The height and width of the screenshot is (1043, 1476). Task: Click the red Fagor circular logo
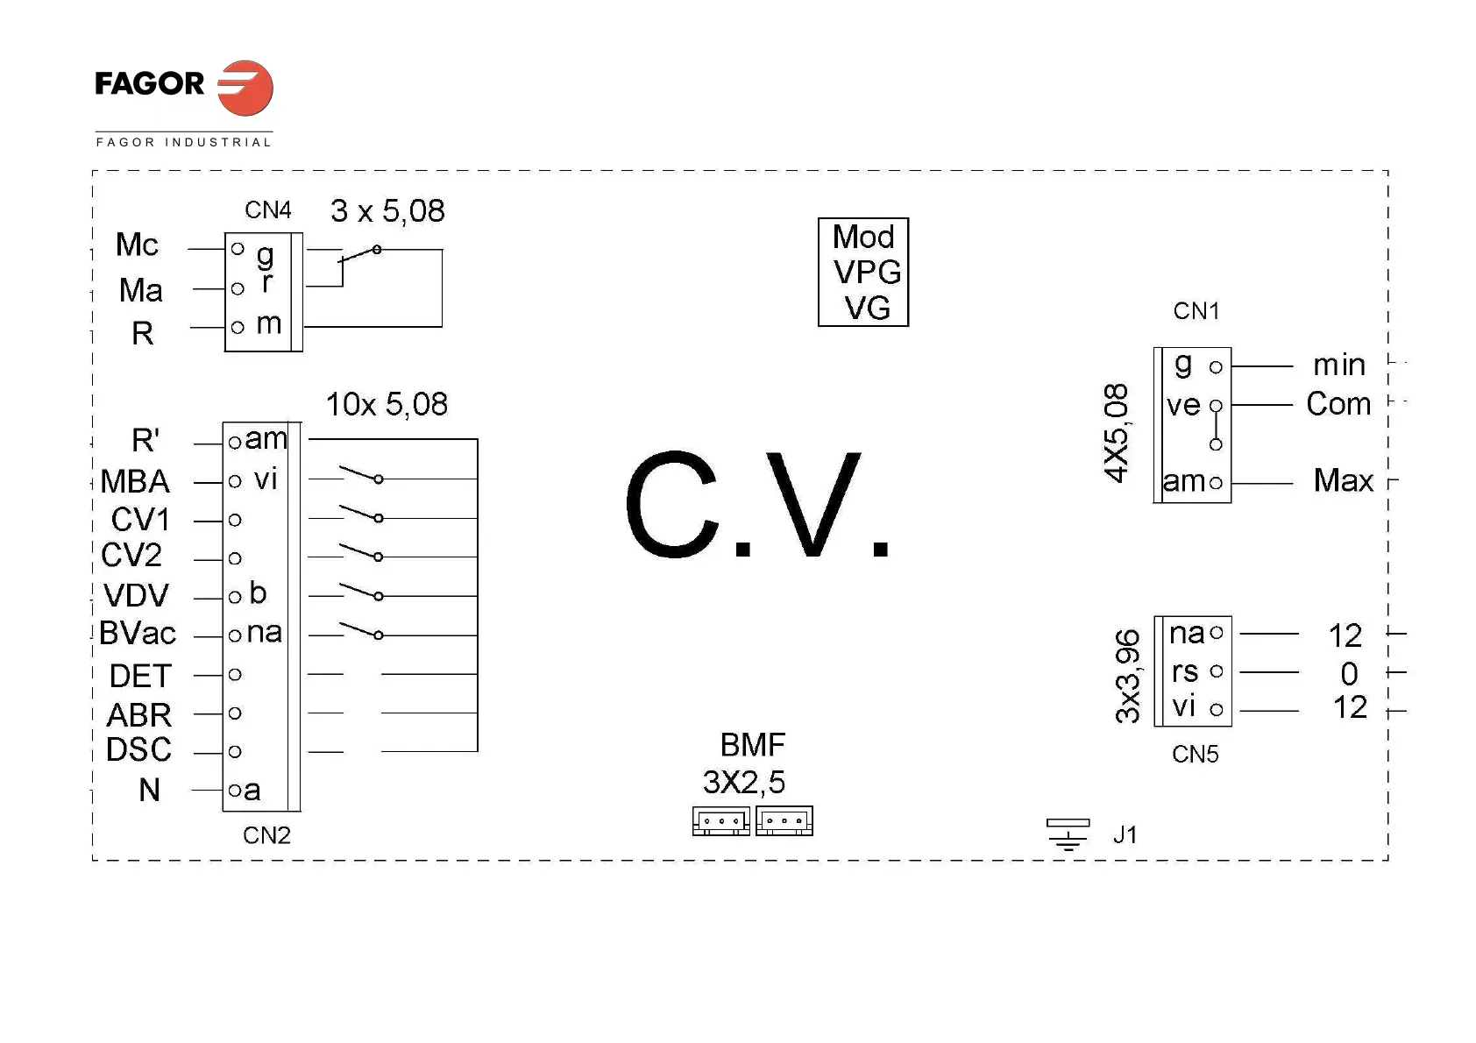pos(245,88)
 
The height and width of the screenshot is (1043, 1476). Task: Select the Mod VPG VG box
pos(863,273)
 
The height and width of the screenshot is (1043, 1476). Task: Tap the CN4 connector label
pos(268,210)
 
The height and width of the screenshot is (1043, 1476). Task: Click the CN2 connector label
pos(266,835)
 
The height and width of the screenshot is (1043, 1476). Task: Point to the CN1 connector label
pos(1196,311)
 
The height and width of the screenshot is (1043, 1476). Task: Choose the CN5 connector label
pos(1196,755)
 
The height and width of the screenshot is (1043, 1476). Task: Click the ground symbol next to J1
pos(1068,834)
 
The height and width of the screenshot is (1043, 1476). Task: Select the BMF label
pos(753,745)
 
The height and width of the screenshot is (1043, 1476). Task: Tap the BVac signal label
pos(138,634)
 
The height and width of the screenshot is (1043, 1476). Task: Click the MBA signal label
pos(135,482)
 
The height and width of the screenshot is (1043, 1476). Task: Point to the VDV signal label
pos(136,596)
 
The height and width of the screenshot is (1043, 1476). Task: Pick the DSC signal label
pos(138,750)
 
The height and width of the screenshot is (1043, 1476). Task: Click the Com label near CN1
pos(1338,404)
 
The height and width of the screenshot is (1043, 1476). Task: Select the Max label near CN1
pos(1344,480)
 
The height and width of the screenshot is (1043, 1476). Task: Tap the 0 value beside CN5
pos(1349,674)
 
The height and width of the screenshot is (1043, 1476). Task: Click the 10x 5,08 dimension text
pos(387,405)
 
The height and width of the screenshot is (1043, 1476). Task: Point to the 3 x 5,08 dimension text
pos(387,211)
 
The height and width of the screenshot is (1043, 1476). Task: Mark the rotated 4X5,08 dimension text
pos(1116,433)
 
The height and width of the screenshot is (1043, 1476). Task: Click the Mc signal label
pos(137,245)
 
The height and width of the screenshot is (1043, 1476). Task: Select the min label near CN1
pos(1339,365)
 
